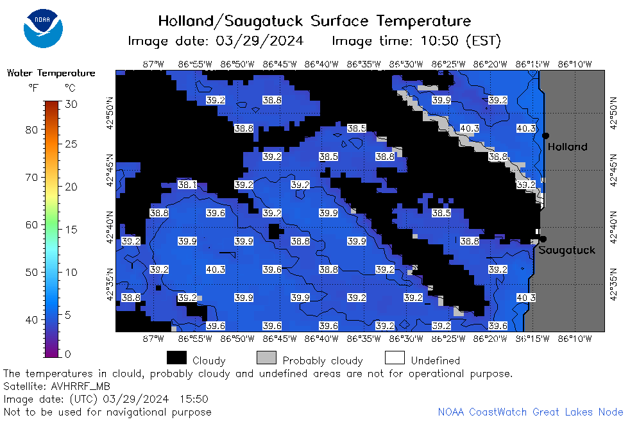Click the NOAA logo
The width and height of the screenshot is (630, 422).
tap(43, 28)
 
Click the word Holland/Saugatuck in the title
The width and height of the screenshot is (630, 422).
tap(230, 21)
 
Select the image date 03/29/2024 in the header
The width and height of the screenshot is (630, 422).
tap(260, 40)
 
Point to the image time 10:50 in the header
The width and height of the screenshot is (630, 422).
tap(439, 40)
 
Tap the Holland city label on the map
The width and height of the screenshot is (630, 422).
tap(567, 147)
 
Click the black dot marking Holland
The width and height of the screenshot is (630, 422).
tap(545, 136)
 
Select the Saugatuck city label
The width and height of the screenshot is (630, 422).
tap(566, 250)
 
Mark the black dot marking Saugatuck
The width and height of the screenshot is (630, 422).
tap(543, 239)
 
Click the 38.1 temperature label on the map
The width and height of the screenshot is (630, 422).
tap(187, 185)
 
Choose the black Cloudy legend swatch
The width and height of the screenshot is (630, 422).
tap(177, 358)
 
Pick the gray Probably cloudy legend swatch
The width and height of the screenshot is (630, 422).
tap(266, 358)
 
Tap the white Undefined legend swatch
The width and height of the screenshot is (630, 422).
tap(395, 358)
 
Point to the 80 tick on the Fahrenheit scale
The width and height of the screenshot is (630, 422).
tap(31, 130)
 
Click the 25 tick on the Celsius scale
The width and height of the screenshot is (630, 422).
tap(71, 144)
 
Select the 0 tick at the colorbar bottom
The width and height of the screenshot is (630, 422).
tap(67, 354)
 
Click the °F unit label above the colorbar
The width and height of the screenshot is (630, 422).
tap(33, 88)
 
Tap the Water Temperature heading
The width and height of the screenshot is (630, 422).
tap(51, 73)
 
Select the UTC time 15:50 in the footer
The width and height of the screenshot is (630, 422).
tap(194, 399)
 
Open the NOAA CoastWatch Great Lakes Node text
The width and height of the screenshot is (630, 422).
tap(531, 412)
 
